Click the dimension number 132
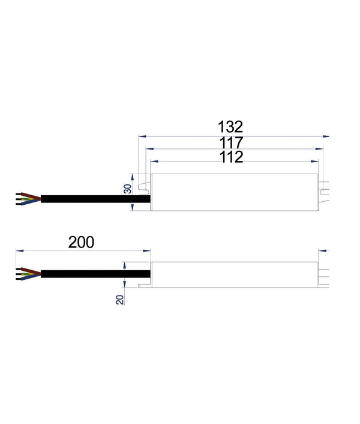230,127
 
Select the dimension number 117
230,143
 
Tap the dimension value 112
230,157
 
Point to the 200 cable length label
81,242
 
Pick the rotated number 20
121,298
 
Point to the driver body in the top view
234,192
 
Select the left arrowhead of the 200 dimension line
19,250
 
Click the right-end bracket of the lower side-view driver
324,274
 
